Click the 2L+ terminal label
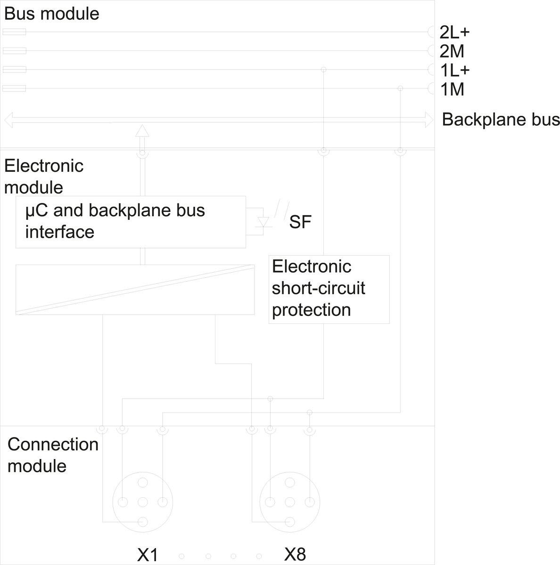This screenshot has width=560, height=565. (454, 32)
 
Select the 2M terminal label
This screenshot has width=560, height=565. (452, 51)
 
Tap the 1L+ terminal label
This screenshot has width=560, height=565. (454, 70)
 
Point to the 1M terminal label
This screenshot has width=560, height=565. (452, 89)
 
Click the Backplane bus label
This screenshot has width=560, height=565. (501, 120)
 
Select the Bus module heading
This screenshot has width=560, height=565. (51, 14)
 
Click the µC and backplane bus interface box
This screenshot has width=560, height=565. (131, 222)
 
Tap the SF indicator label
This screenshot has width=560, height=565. (300, 222)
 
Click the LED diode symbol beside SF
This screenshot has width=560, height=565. (264, 222)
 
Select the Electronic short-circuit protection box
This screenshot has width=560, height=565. (329, 289)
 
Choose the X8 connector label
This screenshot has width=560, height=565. (295, 554)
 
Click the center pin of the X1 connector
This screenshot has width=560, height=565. (143, 502)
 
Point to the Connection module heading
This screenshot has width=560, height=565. (53, 455)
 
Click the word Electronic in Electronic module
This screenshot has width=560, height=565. (43, 166)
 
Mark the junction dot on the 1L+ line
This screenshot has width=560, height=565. (323, 70)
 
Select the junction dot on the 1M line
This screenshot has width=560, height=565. (400, 89)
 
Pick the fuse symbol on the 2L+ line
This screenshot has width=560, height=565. (14, 32)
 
